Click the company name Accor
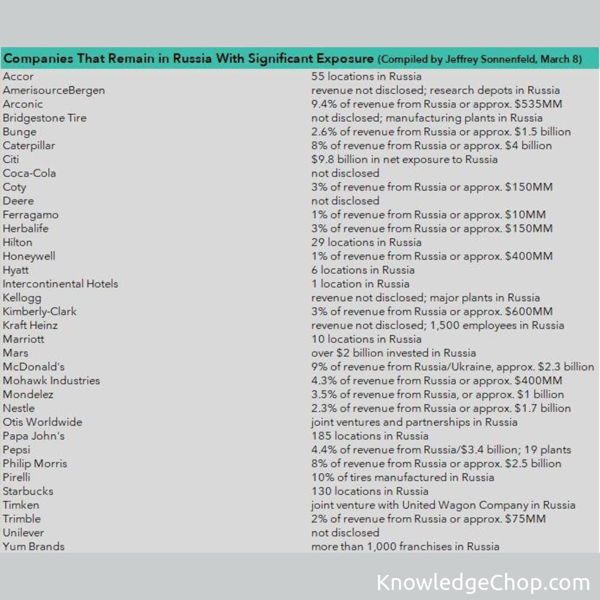pos(18,77)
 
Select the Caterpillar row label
pos(29,146)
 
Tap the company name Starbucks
pos(28,491)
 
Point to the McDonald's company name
pos(34,367)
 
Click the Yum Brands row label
pos(34,547)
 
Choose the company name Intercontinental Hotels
pos(61,284)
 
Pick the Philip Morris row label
pos(35,463)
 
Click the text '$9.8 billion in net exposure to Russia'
pos(404,159)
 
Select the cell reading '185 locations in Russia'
pos(370,436)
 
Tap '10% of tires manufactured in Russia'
pos(403,477)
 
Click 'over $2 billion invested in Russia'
pos(394,353)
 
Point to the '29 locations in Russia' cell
pos(367,242)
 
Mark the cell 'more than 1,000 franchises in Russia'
pos(406,547)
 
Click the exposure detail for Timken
pos(443,505)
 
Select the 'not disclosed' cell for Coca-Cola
pos(346,173)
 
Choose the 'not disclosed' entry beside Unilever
pos(346,533)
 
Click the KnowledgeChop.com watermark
pos(483,583)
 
